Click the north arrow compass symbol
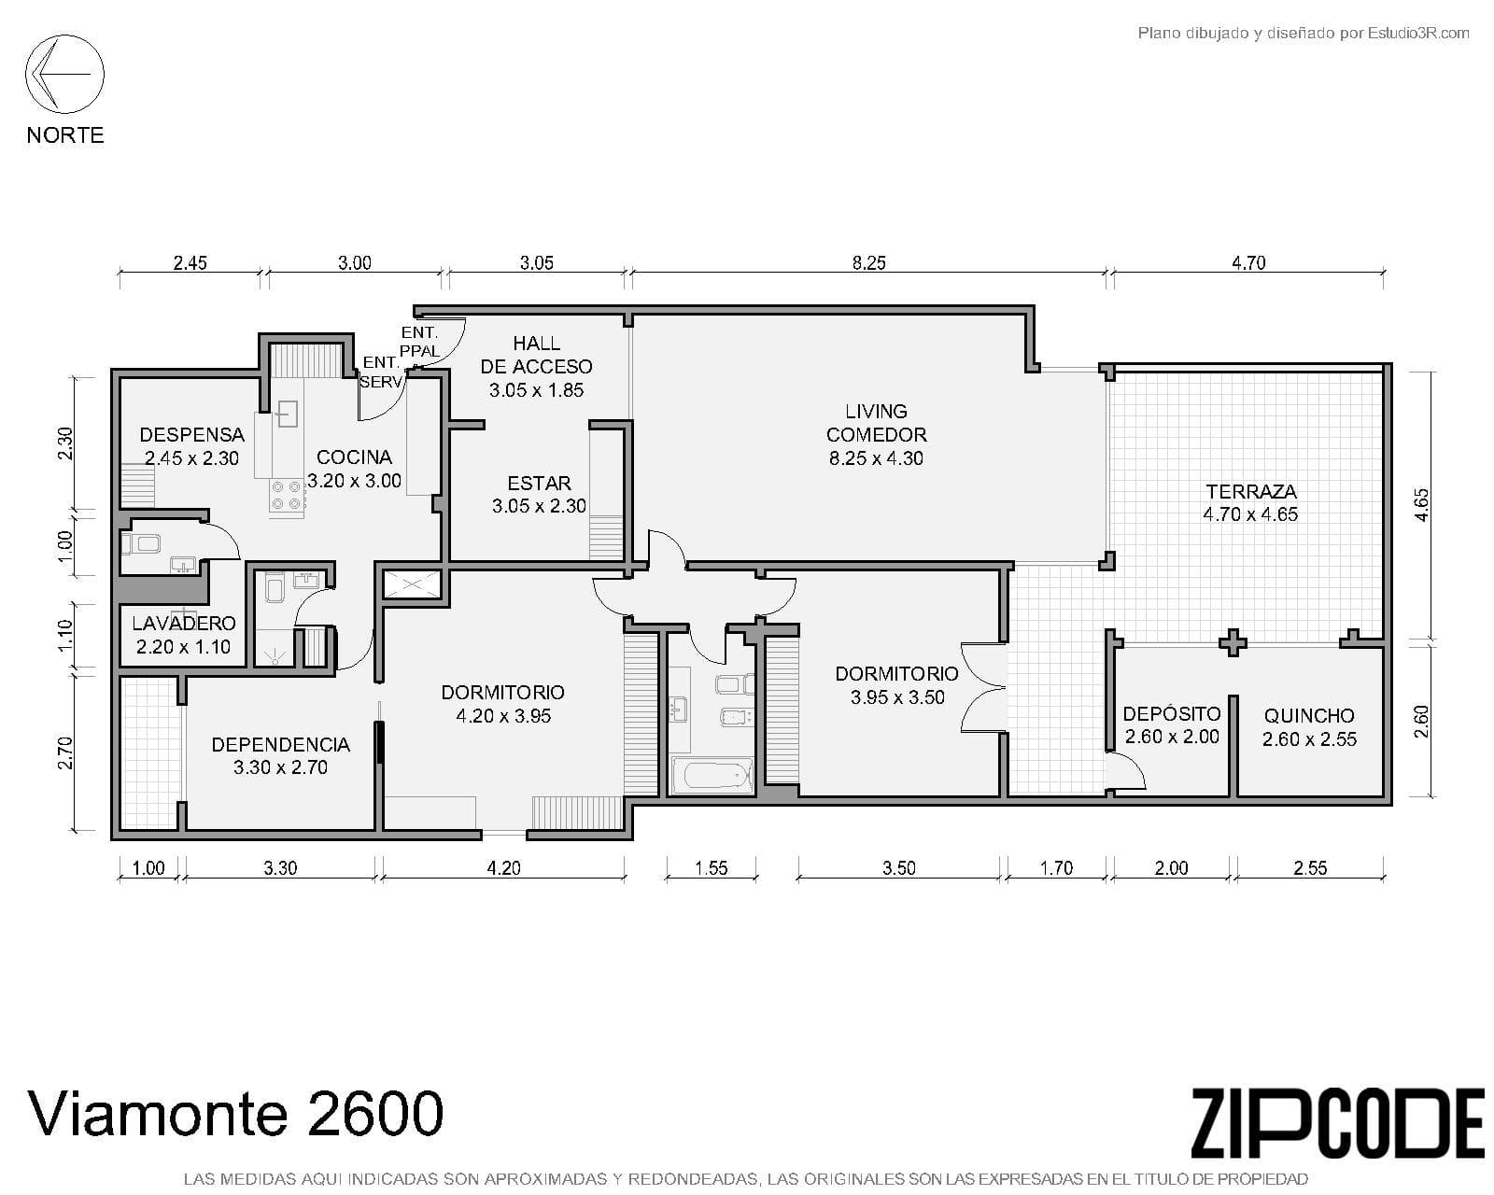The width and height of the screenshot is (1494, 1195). pos(64,74)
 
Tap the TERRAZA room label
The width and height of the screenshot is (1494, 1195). pos(1250,491)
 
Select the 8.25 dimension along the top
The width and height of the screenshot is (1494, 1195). pos(868,263)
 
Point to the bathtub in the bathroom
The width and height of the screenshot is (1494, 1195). pos(712,775)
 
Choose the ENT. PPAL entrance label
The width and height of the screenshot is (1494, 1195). pos(419,342)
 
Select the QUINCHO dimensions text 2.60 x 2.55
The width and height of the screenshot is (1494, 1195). pos(1309,739)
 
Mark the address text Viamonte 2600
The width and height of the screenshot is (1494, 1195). pos(235,1114)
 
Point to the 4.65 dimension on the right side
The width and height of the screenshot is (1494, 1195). pos(1420,505)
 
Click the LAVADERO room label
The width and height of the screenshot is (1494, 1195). pos(183,624)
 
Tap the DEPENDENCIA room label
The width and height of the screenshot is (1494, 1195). pos(280,744)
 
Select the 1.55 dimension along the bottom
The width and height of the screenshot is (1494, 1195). pos(711,868)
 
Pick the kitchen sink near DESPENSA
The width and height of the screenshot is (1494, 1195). pos(287,413)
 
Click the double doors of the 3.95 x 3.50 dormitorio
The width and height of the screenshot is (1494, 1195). pos(982,687)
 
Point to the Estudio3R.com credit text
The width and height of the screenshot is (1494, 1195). pos(1303,34)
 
